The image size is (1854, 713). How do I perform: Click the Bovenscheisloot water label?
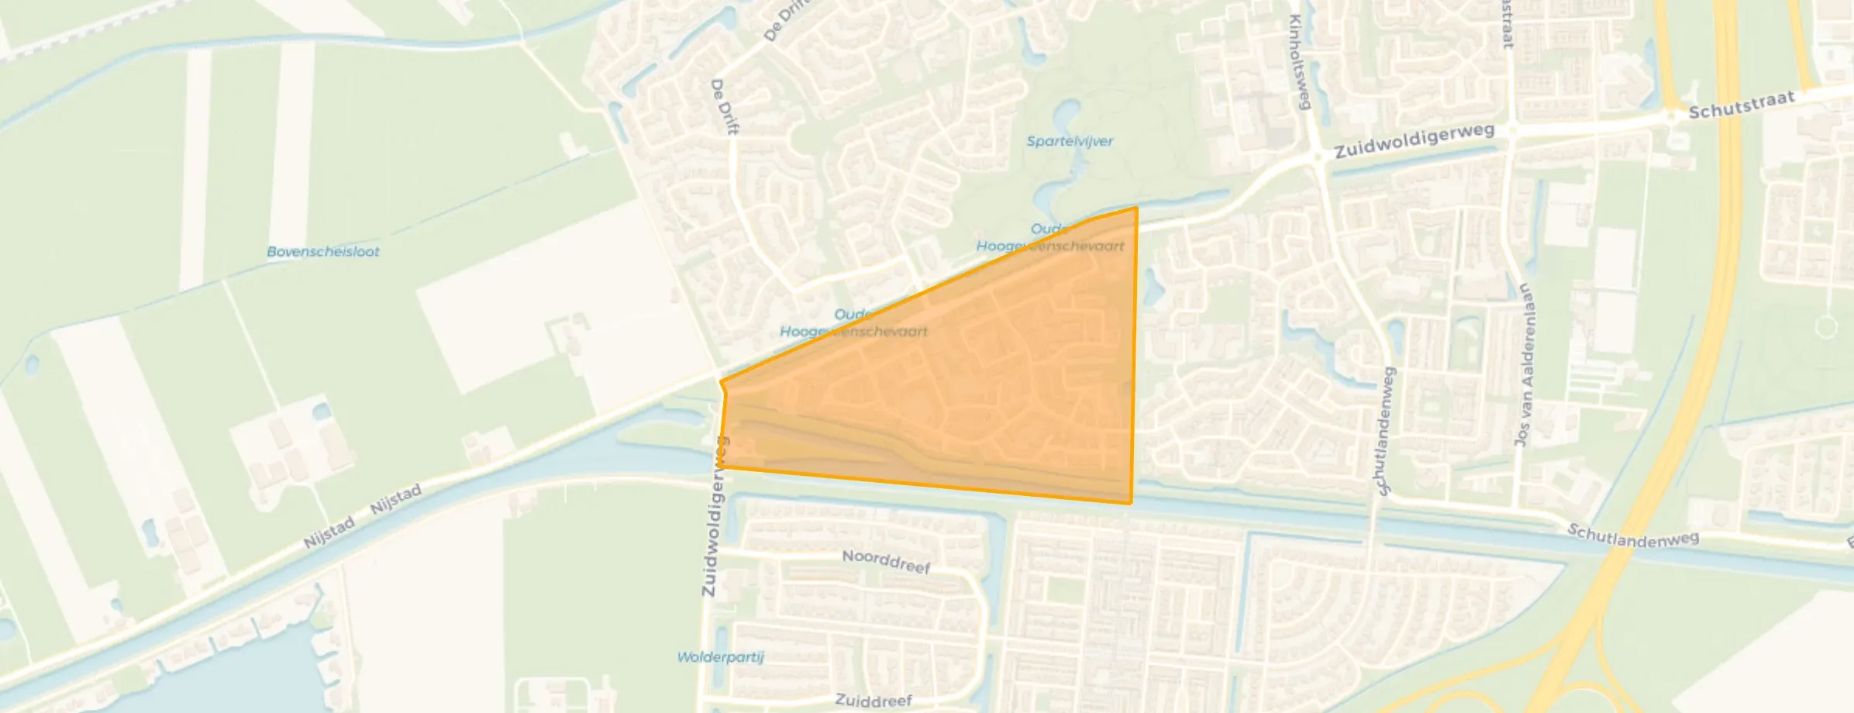pos(322,251)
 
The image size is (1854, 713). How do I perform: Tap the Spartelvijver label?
pos(1070,141)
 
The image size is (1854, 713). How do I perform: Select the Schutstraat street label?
pos(1742,106)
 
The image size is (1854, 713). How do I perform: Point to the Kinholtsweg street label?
pos(1299,62)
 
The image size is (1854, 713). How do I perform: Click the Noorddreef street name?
pos(886,561)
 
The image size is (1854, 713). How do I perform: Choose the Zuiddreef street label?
pos(874,701)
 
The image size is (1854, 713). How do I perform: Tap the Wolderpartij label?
pos(720,657)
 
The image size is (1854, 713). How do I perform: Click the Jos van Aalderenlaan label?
pos(1524,364)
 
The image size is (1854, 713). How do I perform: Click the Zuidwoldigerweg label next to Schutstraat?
pos(1414,141)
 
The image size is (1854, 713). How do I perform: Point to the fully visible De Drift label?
pos(724,107)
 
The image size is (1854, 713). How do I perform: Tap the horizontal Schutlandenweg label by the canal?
pos(1633,536)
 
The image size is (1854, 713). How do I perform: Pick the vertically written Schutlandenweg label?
pos(1384,431)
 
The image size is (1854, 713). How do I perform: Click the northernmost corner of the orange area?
pos(1136,208)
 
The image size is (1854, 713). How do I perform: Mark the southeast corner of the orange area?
pos(1131,503)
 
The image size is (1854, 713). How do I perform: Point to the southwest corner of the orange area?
pos(719,467)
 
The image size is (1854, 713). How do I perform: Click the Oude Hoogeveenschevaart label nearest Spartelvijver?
pos(1049,237)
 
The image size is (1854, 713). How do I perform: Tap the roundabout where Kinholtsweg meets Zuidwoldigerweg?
pos(1318,157)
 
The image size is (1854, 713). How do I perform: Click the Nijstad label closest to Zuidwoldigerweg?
pos(396,498)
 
